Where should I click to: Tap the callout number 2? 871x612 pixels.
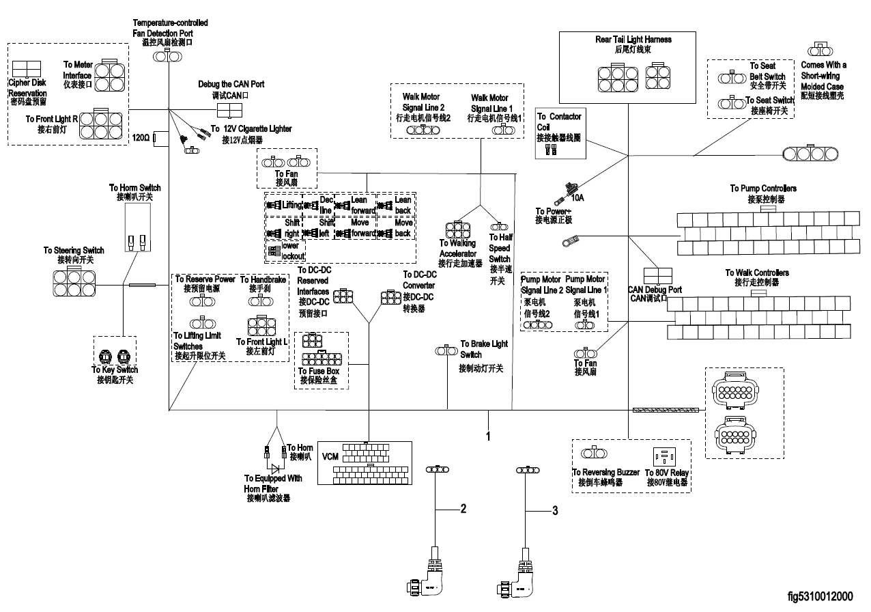coord(463,508)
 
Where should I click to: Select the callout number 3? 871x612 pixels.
coord(555,510)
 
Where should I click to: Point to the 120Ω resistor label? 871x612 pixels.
coord(141,138)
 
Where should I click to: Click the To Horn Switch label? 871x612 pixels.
coord(135,192)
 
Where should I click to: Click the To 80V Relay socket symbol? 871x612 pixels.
coord(663,455)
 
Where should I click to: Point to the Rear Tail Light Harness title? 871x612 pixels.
coord(633,44)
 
